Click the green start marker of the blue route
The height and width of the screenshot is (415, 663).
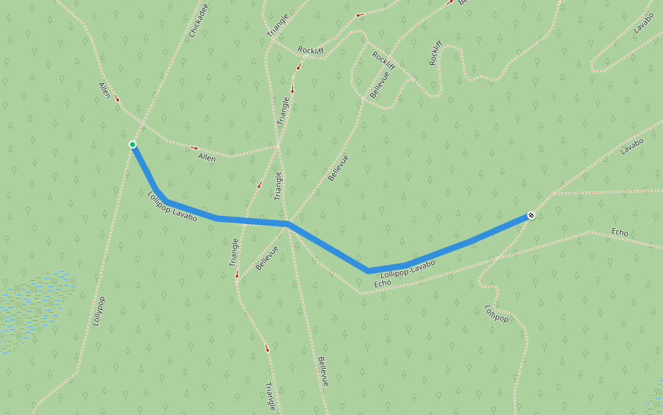coord(132,145)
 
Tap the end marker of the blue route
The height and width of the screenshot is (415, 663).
coord(530,216)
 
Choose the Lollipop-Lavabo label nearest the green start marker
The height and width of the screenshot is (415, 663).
coord(172,206)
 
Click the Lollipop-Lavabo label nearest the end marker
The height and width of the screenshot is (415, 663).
coord(407,269)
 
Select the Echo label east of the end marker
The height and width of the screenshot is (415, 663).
coord(619,232)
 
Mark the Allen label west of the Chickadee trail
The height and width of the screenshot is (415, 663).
coord(104,90)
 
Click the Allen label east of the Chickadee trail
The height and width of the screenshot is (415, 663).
coord(206,158)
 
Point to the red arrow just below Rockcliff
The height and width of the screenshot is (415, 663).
coord(299,67)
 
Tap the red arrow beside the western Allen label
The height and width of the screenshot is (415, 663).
coord(117,99)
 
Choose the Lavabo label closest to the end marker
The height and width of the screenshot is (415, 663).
coord(631,146)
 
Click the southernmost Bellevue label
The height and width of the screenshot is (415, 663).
coord(323,371)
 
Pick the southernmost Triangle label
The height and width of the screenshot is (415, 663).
coord(270,396)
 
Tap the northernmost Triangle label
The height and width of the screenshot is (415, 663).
coord(277,26)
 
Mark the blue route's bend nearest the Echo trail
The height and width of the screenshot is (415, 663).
coord(368,270)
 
